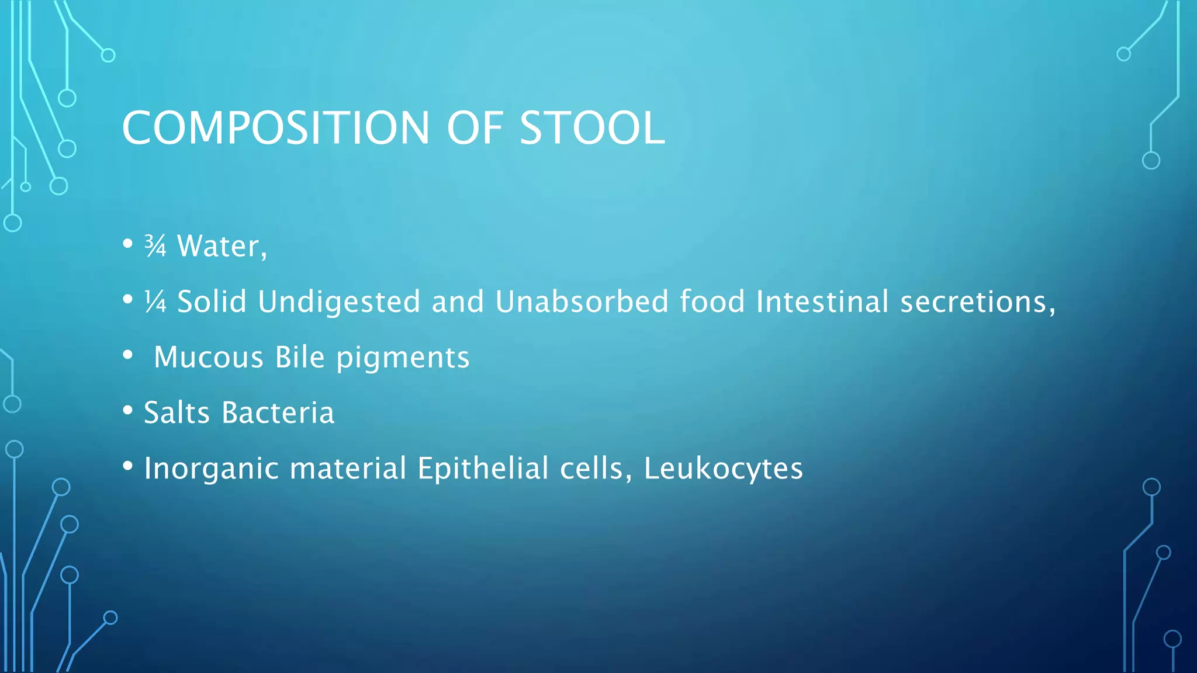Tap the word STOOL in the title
[591, 128]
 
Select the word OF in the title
[474, 128]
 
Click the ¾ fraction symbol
[155, 246]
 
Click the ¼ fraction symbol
[155, 302]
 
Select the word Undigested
[339, 302]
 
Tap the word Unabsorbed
[582, 302]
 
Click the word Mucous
[209, 358]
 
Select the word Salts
[177, 412]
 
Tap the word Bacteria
[278, 412]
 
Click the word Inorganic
[211, 469]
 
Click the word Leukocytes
[723, 469]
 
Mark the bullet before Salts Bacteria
[128, 411]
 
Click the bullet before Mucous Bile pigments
[128, 355]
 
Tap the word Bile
[299, 358]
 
